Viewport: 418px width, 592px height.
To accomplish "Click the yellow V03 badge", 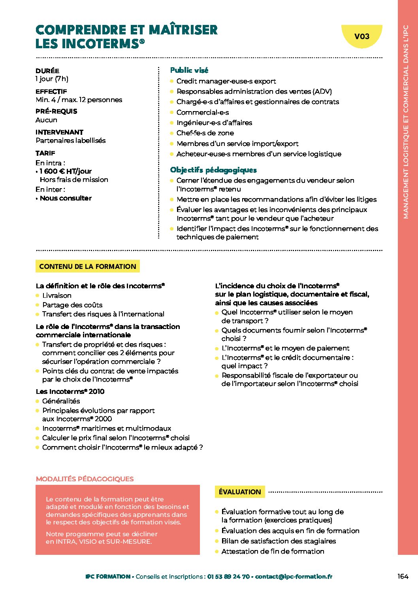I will [x=362, y=36].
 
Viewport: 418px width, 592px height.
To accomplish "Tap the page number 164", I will [x=403, y=576].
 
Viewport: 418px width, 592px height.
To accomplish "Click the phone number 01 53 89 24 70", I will [x=228, y=577].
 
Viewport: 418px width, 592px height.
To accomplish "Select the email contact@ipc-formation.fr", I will [x=294, y=577].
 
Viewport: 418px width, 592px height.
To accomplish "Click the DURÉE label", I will [x=47, y=71].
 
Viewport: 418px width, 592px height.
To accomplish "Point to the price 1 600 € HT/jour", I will [x=66, y=171].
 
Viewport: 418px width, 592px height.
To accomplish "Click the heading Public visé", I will [x=189, y=70].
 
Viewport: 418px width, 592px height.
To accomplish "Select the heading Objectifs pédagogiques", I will [x=213, y=170].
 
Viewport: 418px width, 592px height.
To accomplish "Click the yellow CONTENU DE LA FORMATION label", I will [x=87, y=267].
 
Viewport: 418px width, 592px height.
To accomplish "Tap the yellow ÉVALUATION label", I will [x=240, y=492].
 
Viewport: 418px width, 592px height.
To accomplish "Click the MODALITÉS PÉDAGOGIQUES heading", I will [x=85, y=479].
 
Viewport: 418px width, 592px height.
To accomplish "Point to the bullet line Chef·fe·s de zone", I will [x=205, y=133].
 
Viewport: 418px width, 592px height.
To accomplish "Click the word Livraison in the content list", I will [x=57, y=295].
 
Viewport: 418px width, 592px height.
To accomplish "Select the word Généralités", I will [x=61, y=401].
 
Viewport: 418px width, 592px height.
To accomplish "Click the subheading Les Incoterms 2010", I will [x=70, y=392].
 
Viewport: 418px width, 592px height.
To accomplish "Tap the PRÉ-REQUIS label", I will [x=56, y=112].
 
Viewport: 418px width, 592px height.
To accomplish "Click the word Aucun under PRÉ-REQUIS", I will [x=46, y=120].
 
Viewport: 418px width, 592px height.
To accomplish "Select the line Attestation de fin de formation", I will [x=273, y=551].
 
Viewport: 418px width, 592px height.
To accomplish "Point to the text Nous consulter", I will [x=66, y=198].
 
